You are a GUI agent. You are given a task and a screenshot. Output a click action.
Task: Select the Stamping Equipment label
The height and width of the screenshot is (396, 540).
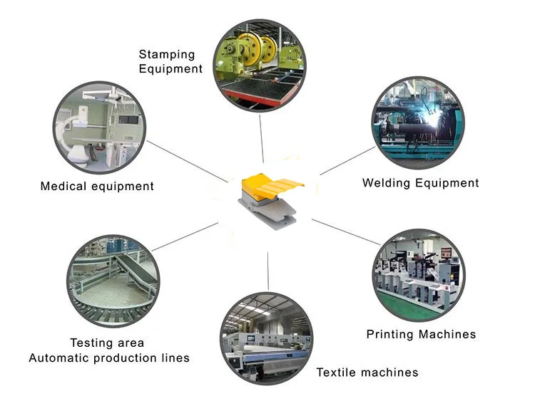pos(170,61)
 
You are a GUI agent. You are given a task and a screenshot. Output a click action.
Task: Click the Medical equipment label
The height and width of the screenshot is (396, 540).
pos(97,187)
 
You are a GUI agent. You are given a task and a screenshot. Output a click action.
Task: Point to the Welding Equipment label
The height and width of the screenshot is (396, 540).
pos(420,183)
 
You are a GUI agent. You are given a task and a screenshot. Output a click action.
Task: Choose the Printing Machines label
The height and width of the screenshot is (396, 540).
pos(421,334)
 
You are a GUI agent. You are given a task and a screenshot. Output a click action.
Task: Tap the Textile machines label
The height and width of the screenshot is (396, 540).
pos(367,372)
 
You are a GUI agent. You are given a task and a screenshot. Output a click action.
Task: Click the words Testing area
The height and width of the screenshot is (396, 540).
pos(107,343)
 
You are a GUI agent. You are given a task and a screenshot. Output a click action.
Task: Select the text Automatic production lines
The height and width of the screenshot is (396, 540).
pos(109,358)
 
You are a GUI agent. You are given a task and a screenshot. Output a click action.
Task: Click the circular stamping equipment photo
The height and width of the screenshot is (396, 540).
pos(260,63)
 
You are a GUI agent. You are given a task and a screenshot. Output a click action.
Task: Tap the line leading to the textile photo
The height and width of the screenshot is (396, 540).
pos(268,270)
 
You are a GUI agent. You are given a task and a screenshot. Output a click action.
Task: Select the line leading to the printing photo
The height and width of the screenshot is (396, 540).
pos(345,232)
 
